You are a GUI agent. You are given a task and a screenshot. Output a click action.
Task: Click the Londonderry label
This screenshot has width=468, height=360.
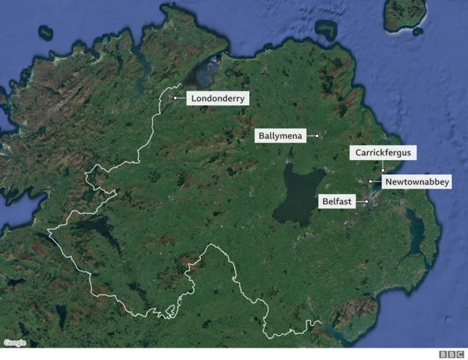(x=219, y=97)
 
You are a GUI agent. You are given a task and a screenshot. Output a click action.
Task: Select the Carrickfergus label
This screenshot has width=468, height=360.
(x=382, y=153)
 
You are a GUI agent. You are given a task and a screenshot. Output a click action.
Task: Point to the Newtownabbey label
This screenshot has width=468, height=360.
(x=418, y=181)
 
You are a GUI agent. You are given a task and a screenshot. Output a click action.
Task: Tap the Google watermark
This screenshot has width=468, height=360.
(x=15, y=342)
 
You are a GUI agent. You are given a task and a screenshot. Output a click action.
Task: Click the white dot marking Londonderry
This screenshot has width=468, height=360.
(x=175, y=97)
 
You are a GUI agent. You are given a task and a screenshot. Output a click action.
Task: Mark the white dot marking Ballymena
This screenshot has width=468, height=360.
(x=317, y=135)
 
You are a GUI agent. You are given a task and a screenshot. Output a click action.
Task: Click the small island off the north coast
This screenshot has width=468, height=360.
(x=325, y=30)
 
